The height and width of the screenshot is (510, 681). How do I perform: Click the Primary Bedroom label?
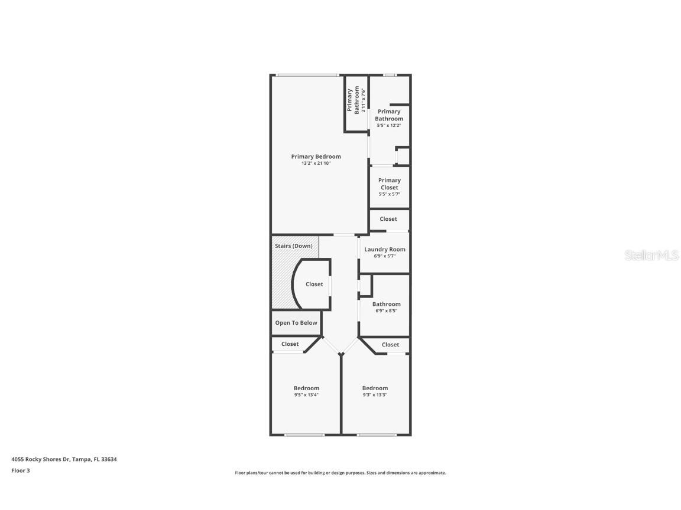tap(316, 156)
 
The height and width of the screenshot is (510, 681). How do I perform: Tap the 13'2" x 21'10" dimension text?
tap(316, 164)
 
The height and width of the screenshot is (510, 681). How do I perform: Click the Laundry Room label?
tap(385, 250)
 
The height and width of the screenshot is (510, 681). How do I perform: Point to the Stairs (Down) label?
tap(294, 246)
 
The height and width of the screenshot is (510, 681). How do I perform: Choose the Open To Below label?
tap(296, 323)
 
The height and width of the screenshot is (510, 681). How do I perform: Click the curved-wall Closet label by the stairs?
tap(314, 284)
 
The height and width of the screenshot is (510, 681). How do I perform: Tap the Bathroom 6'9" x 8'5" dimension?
tap(386, 311)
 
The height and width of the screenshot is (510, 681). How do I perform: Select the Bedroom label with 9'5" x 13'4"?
tap(306, 388)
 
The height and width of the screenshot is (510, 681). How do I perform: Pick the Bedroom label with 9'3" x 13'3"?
tap(375, 388)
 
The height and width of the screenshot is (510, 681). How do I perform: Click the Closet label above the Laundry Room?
tap(388, 219)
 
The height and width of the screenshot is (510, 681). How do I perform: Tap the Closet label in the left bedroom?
tap(290, 344)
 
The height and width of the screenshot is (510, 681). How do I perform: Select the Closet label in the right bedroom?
tap(390, 345)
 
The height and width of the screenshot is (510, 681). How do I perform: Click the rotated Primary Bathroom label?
tap(353, 100)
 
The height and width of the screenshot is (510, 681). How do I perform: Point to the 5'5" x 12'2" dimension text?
tap(389, 125)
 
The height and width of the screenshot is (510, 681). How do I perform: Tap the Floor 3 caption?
tap(21, 470)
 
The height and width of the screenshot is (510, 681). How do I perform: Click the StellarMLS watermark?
tap(652, 255)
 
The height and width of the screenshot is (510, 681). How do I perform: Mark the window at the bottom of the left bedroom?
tap(304, 435)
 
